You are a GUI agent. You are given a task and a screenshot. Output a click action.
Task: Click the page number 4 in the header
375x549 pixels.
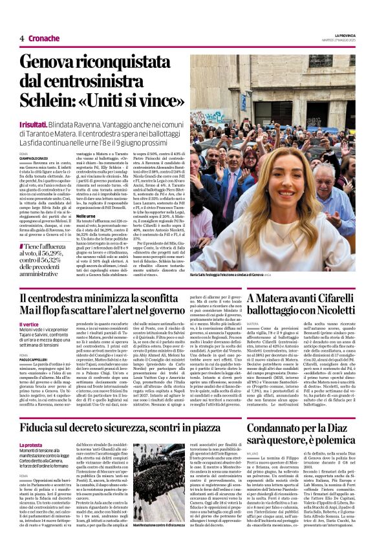click(x=21, y=38)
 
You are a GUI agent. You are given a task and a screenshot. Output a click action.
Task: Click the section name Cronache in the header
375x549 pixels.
click(x=44, y=38)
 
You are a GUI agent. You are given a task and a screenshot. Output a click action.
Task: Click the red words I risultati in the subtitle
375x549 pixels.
click(x=35, y=123)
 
